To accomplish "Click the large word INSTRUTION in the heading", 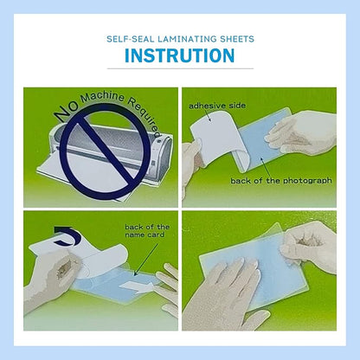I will pyautogui.click(x=179, y=56).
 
